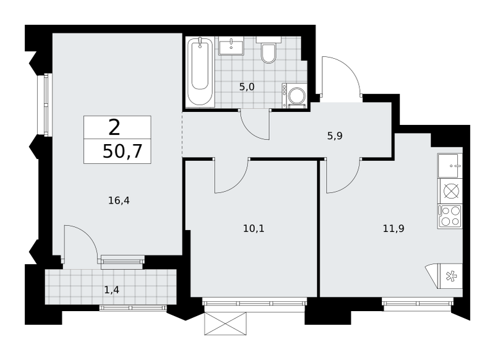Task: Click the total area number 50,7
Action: coord(123,152)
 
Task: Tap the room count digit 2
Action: coord(114,127)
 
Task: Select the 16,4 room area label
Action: coord(119,200)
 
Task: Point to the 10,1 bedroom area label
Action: coord(254,228)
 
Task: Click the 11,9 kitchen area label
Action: coord(394,228)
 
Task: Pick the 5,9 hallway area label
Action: coord(335,136)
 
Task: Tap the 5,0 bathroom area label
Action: coord(247,87)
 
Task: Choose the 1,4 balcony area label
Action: coord(111,289)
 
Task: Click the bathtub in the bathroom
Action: coord(200,71)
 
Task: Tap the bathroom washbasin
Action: coord(231,46)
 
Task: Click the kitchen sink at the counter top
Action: coord(450,165)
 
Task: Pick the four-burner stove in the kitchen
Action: coord(450,216)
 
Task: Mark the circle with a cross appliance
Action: coord(451,191)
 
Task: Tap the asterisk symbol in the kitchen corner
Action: coord(451,276)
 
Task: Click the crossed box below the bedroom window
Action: coord(225,324)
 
